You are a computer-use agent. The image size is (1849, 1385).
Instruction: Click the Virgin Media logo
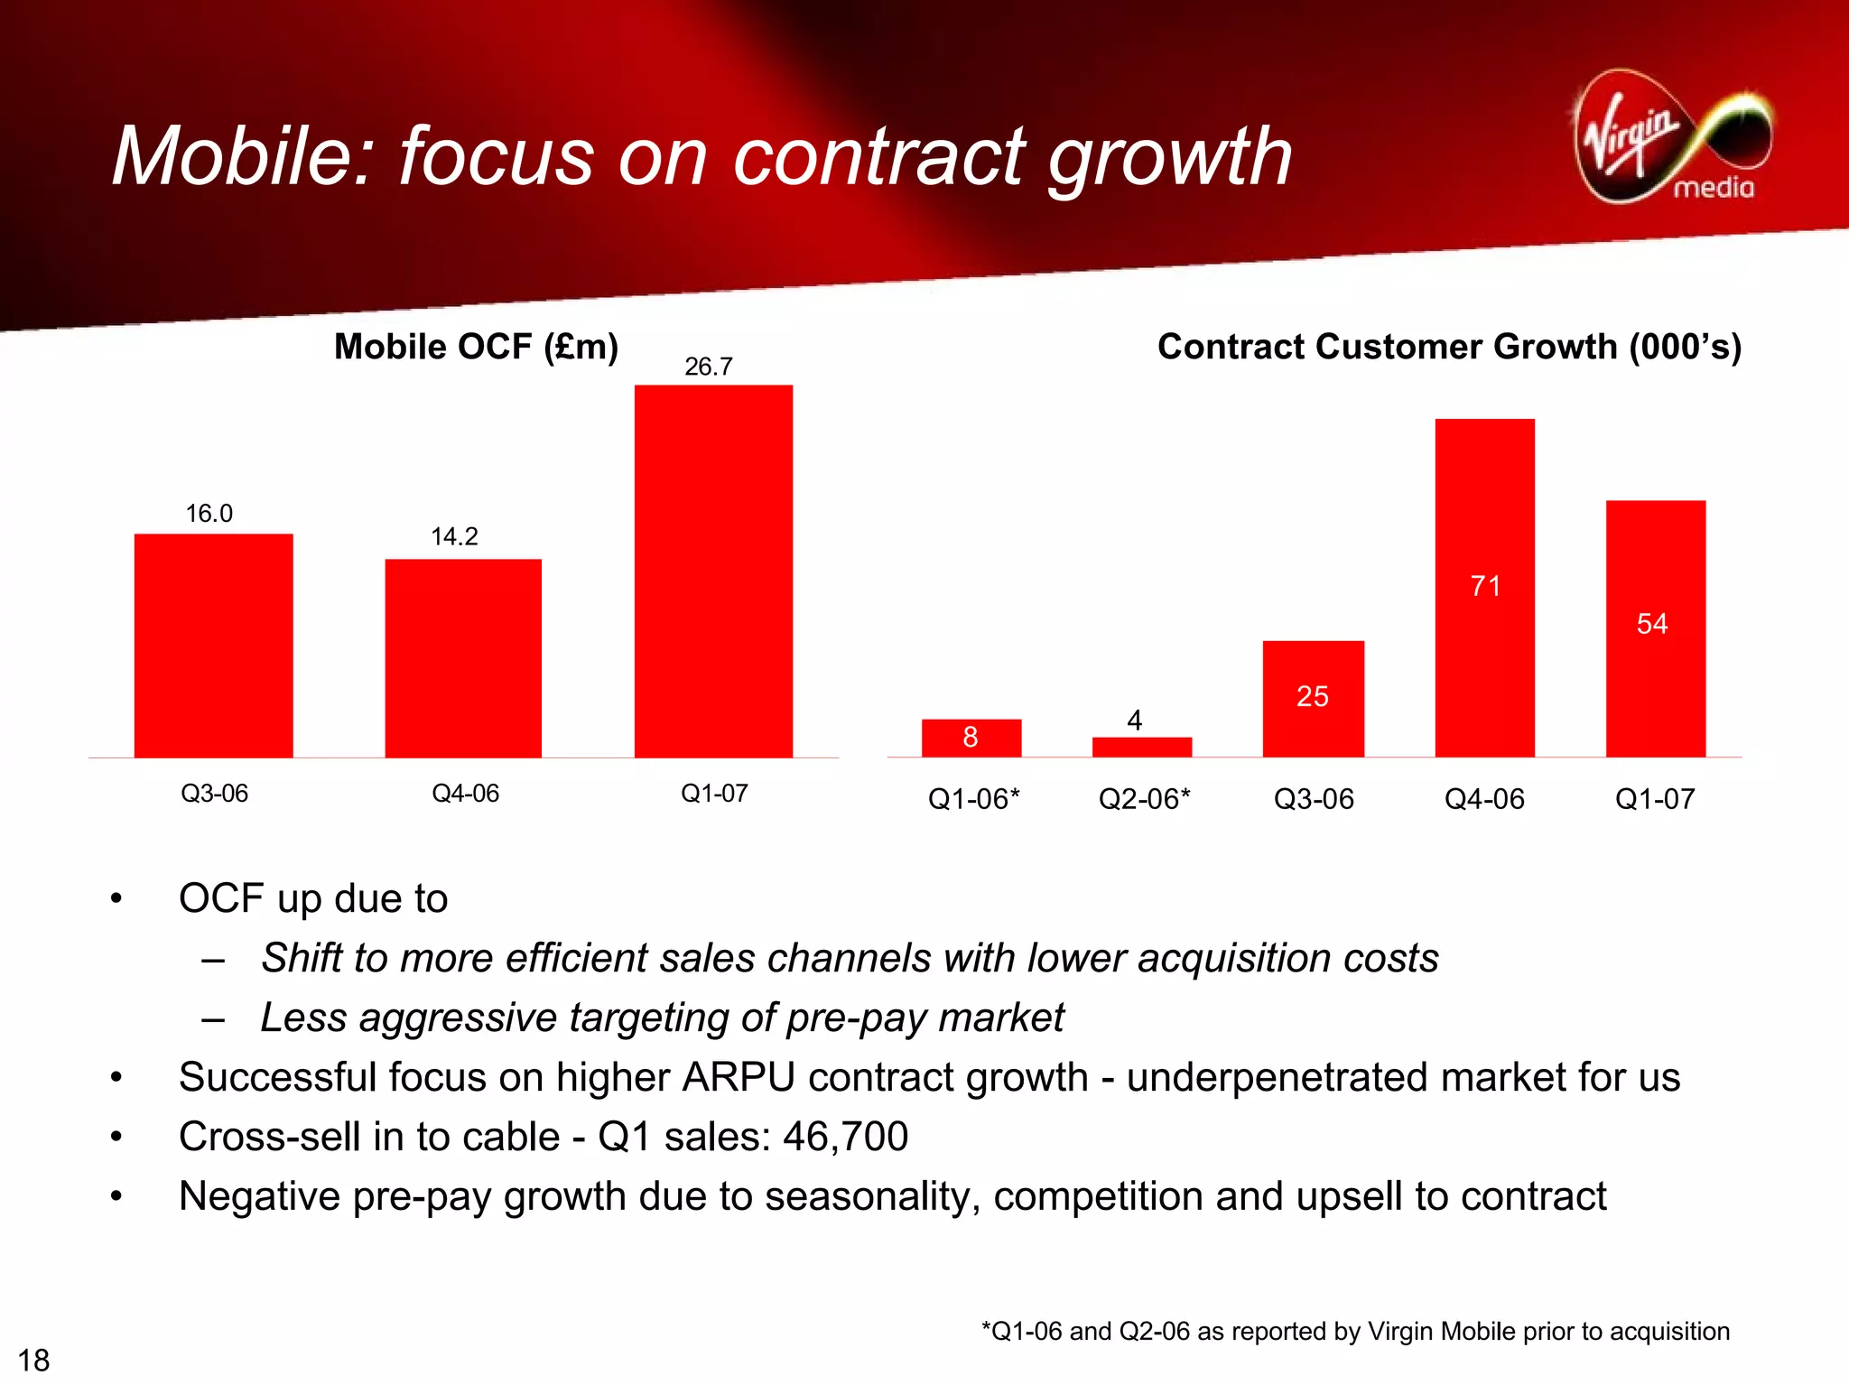(x=1672, y=137)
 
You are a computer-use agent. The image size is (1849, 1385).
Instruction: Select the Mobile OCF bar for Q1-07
(x=713, y=571)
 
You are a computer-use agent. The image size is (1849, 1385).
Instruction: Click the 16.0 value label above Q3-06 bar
(x=209, y=514)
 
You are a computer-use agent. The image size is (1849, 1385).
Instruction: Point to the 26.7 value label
(x=708, y=367)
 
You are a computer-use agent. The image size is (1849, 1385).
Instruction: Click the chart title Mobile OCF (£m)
(x=476, y=347)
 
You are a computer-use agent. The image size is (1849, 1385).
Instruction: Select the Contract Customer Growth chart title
(x=1448, y=347)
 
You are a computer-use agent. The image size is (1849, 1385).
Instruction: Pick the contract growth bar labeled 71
(x=1484, y=587)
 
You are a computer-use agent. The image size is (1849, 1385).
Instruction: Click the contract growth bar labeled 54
(x=1655, y=627)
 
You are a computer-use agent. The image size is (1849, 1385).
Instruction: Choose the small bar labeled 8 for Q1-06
(x=971, y=738)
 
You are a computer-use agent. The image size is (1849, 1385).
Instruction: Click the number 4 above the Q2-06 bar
(x=1135, y=720)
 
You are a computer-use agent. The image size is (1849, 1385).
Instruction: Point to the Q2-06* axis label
(x=1144, y=799)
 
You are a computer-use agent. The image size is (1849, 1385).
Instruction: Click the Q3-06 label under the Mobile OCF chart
(x=214, y=794)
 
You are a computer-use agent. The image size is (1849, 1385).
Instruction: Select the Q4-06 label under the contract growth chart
(x=1483, y=799)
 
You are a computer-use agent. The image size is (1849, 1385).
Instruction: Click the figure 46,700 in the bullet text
(x=845, y=1136)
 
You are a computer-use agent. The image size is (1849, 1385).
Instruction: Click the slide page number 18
(x=33, y=1360)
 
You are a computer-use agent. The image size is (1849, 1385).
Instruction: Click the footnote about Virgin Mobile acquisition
(x=1355, y=1331)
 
